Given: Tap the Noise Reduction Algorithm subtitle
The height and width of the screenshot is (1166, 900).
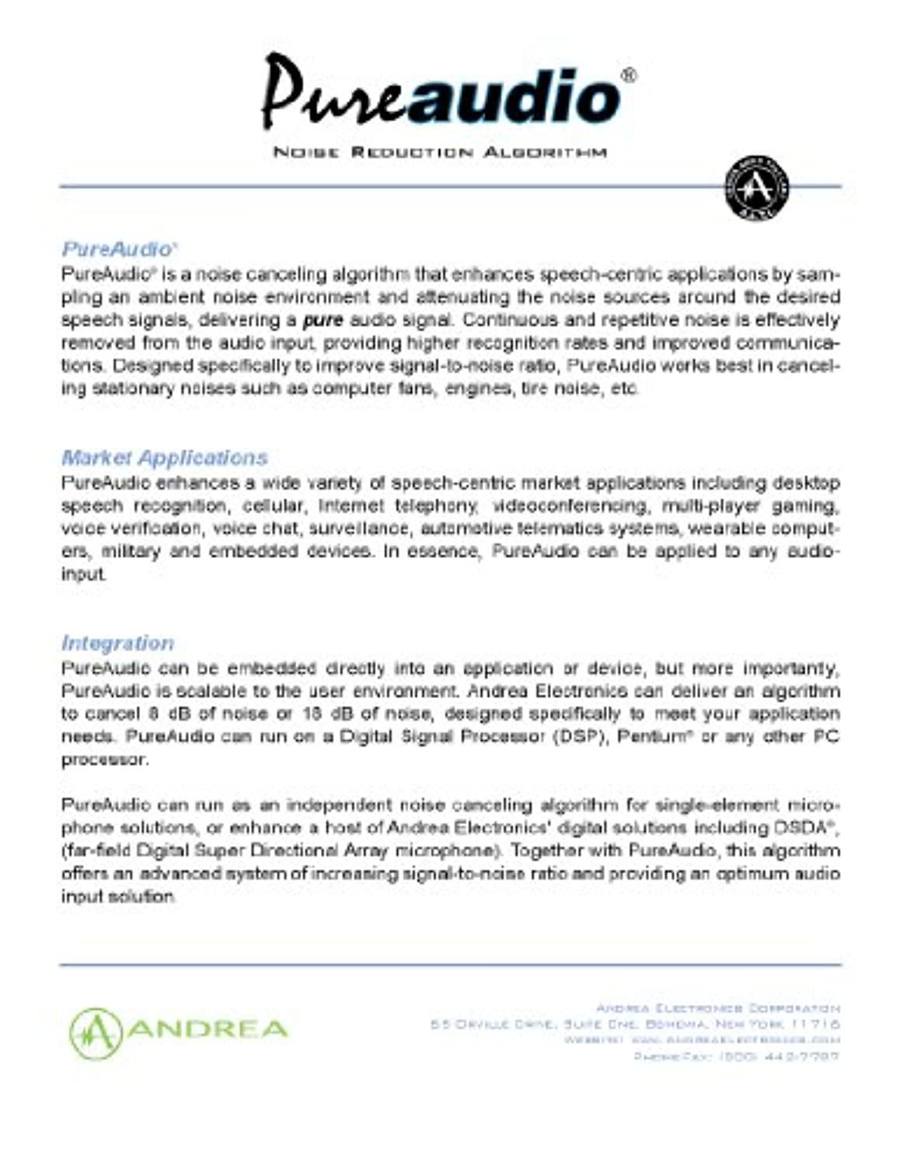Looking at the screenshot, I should [440, 152].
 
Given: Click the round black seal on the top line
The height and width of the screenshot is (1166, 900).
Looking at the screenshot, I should [756, 187].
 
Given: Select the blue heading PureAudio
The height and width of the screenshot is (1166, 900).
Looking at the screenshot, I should [117, 250].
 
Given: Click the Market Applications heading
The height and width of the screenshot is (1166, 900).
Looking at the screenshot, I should [164, 457].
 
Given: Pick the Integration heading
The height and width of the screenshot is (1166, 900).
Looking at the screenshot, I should [117, 643].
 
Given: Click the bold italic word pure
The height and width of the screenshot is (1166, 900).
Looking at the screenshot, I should [323, 320].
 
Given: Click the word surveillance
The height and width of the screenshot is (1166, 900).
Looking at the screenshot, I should [359, 529].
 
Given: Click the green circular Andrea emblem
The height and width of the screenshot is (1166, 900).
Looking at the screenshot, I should [96, 1033].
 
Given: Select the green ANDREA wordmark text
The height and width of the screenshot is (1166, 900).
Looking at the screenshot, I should [208, 1030].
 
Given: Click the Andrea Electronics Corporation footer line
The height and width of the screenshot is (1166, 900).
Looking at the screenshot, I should [717, 1008].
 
